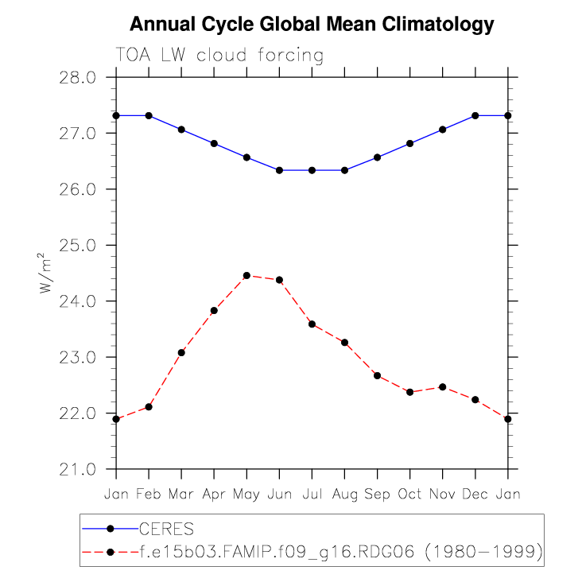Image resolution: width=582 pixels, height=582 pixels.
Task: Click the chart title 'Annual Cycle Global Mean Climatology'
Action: point(312,25)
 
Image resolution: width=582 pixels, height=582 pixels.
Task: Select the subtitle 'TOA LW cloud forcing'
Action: point(219,56)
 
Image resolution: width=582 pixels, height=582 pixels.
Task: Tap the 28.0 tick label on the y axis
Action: point(77,78)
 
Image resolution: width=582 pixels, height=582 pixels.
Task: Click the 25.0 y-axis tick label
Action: point(77,246)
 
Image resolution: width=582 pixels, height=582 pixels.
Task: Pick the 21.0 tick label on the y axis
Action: point(77,469)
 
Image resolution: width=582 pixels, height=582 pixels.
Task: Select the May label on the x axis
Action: point(246,494)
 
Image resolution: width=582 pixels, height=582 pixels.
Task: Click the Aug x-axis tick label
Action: point(344,494)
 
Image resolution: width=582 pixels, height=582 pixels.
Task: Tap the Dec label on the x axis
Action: point(475,494)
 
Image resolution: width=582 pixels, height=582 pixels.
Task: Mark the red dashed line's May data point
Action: point(246,275)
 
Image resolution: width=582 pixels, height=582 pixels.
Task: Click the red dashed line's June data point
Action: point(279,280)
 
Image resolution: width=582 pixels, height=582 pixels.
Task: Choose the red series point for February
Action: point(149,407)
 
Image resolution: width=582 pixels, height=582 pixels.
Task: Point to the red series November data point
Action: point(442,387)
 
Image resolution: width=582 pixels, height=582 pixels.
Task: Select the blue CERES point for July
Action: point(312,170)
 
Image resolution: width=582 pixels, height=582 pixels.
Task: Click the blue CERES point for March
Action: point(181,130)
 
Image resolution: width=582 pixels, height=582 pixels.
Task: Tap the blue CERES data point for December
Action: point(475,115)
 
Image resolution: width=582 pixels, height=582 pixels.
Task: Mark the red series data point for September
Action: point(377,375)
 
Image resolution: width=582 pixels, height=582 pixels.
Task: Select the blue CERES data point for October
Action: point(409,143)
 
